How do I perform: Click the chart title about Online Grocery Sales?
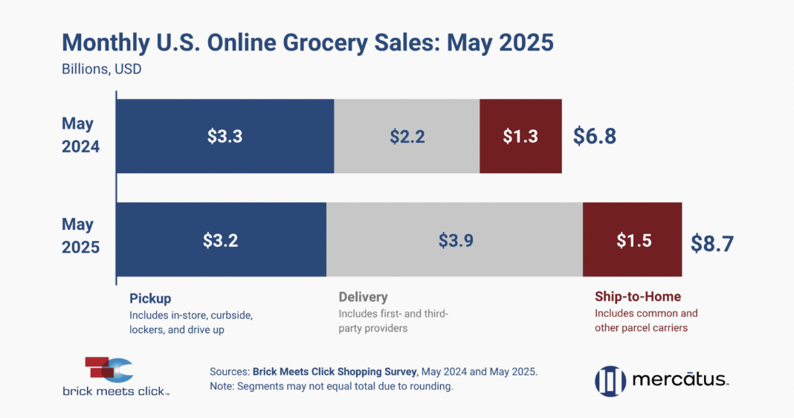pos(307,42)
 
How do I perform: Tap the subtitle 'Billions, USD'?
pos(101,70)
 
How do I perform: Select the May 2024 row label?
pos(80,135)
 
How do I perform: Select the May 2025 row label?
pos(80,236)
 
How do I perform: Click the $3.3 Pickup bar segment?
pos(225,136)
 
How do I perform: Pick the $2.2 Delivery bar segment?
pos(407,136)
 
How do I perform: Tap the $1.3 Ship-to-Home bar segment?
pos(520,136)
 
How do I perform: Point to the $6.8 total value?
pos(595,136)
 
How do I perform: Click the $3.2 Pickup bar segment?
pos(221,239)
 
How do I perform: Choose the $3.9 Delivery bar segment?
pos(454,239)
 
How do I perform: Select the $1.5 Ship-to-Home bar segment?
pos(633,239)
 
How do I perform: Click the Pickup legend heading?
pos(150,298)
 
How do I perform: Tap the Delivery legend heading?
pos(363,298)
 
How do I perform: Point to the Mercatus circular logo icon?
pos(610,381)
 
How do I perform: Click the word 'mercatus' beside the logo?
pos(680,381)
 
